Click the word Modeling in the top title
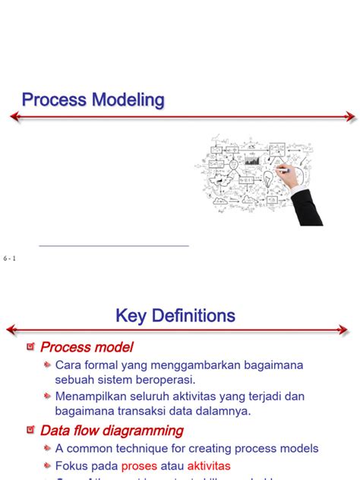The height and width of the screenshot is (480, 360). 128,99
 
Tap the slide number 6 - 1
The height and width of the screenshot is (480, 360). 10,259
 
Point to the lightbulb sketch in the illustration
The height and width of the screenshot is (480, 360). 268,179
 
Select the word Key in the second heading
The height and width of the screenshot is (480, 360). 131,315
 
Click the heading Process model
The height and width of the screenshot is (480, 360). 87,347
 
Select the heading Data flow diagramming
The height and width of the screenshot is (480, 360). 112,431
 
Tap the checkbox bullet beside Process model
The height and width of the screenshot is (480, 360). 30,347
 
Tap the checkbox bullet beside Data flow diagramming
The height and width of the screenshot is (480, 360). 30,430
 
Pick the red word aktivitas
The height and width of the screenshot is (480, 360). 209,466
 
